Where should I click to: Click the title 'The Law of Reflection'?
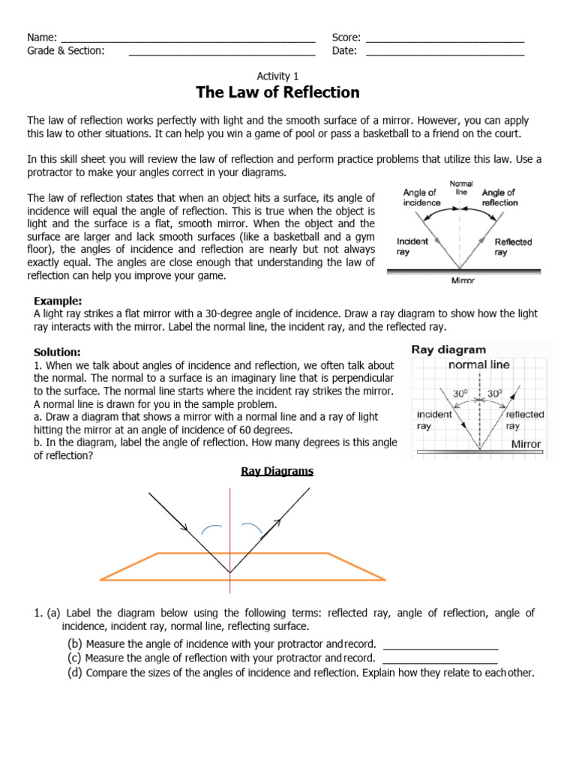(x=277, y=92)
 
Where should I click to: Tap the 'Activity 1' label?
(x=277, y=76)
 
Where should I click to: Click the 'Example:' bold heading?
(x=58, y=301)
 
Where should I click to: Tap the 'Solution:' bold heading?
(x=57, y=352)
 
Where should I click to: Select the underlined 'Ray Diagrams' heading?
(x=277, y=471)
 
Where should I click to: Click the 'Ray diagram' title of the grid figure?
(x=448, y=349)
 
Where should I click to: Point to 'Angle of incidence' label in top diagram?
(x=420, y=198)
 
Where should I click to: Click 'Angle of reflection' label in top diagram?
(x=499, y=198)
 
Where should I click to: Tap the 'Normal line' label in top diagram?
(x=460, y=187)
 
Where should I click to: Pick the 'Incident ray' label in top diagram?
(x=412, y=247)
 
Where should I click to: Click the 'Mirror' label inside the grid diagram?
(x=526, y=444)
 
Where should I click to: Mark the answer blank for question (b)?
(x=440, y=647)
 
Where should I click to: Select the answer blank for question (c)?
(x=440, y=661)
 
